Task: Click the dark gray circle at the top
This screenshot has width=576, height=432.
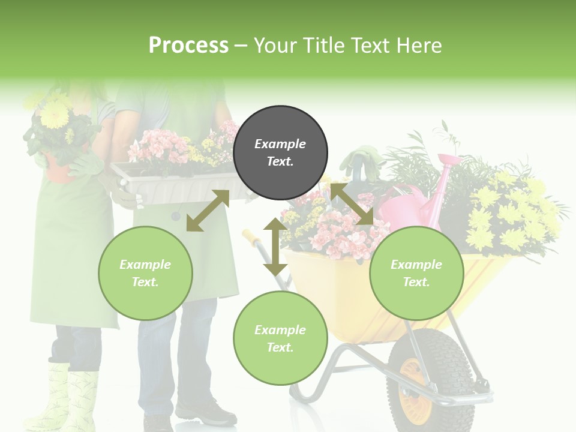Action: coord(280,153)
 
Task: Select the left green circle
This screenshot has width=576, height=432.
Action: coord(145,274)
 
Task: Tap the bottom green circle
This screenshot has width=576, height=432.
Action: coord(280,338)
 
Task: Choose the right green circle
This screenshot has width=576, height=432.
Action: coord(416,274)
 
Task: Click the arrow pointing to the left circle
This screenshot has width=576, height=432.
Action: coord(208,211)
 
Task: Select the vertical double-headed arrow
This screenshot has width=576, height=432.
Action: coord(275,247)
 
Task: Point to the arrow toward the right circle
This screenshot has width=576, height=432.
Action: coord(352,204)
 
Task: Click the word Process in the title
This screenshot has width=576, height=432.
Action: coord(188,45)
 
